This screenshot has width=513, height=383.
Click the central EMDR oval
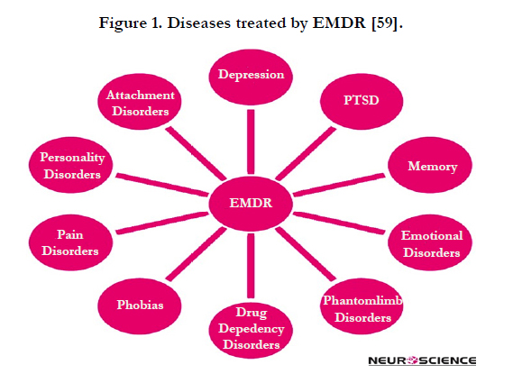[251, 204]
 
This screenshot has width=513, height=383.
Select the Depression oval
[251, 78]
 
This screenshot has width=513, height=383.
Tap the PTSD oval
[362, 102]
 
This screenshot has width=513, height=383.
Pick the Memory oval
[430, 165]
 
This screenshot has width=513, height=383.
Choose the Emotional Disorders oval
[430, 242]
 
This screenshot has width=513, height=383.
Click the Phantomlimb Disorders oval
[362, 306]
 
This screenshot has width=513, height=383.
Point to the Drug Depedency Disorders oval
[251, 331]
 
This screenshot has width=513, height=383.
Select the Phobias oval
[140, 306]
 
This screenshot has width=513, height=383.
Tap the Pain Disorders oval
[70, 242]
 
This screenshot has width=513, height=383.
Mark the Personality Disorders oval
[70, 165]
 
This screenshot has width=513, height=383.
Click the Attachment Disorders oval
[140, 102]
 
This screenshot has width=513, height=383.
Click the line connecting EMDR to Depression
[251, 141]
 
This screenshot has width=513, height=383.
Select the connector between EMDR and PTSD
[306, 153]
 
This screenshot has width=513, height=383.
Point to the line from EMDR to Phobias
[196, 254]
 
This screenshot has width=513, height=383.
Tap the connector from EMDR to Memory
[339, 185]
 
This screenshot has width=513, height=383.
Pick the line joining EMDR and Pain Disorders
[162, 223]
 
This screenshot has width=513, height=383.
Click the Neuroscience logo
[422, 360]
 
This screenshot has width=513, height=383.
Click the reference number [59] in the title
[385, 23]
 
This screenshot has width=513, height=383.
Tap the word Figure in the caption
[123, 23]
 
